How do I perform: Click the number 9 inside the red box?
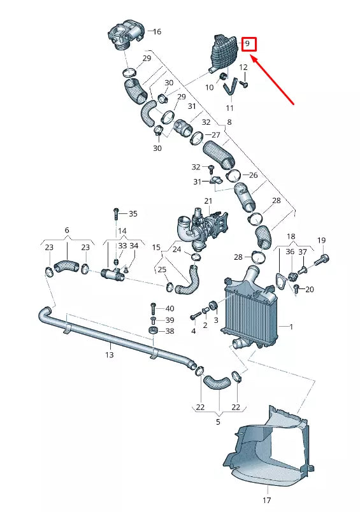pyautogui.click(x=248, y=45)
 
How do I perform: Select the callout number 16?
pyautogui.click(x=157, y=31)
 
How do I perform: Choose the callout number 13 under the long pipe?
pyautogui.click(x=109, y=354)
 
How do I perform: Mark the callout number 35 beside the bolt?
pyautogui.click(x=133, y=213)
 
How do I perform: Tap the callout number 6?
pyautogui.click(x=66, y=230)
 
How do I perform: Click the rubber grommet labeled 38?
pyautogui.click(x=153, y=332)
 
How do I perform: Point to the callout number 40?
pyautogui.click(x=169, y=308)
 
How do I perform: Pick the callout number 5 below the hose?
pyautogui.click(x=218, y=421)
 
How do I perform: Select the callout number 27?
pyautogui.click(x=215, y=135)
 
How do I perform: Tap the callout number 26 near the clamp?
pyautogui.click(x=253, y=175)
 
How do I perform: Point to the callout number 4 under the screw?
pyautogui.click(x=193, y=331)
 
